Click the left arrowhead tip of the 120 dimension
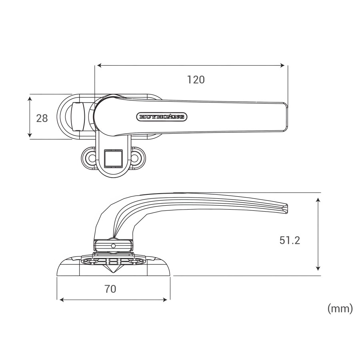coord(97,66)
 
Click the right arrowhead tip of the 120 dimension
coord(285,66)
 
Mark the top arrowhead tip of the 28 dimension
coord(30,97)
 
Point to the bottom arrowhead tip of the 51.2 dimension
coord(318,270)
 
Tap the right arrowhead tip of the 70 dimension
coord(167,300)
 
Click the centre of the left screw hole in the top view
coord(92,158)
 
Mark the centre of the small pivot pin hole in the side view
coord(113,246)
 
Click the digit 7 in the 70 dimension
coord(107,289)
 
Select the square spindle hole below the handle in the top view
coord(114,158)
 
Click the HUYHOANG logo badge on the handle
coord(162,117)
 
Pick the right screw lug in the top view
coord(137,158)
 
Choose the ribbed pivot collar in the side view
coord(113,245)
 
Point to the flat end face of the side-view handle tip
coord(286,209)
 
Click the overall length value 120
coord(196,80)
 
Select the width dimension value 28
coord(42,118)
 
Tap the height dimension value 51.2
coord(290,240)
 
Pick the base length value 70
coord(110,289)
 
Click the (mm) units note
coord(340,308)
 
